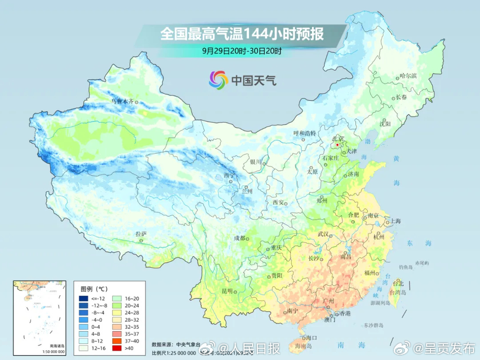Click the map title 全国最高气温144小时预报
(242, 34)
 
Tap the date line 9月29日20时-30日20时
(242, 51)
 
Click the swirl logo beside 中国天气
(219, 80)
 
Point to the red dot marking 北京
(337, 145)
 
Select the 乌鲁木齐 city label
(122, 101)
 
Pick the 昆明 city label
(227, 291)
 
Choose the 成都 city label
(240, 238)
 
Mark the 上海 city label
(395, 221)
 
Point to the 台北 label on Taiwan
(399, 284)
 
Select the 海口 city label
(311, 338)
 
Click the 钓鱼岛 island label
(406, 267)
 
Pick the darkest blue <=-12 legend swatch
(84, 298)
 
